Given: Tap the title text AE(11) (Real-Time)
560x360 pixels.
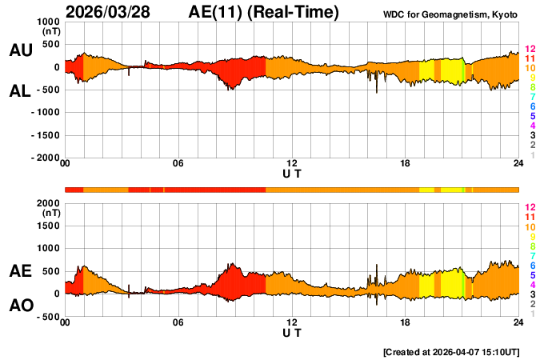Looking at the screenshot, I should tap(264, 12).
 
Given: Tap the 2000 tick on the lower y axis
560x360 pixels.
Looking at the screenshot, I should tap(46, 203).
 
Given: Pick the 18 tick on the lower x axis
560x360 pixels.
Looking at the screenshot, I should tap(406, 322).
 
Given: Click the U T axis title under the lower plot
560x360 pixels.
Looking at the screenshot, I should tap(292, 332).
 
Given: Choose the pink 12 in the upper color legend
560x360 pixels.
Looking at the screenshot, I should tap(530, 50).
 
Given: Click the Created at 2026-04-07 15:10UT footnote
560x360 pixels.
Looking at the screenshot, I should tap(451, 352).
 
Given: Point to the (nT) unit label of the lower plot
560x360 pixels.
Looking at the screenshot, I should tap(50, 214).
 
